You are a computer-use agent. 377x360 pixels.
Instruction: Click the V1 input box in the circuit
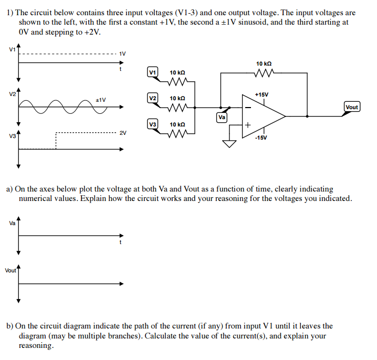153,72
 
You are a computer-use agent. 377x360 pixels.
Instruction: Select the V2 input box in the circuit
153,98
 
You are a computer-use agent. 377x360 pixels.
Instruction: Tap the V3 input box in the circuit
153,124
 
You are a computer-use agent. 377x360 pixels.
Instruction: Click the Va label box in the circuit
222,118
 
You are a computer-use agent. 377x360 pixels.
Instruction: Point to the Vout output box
351,107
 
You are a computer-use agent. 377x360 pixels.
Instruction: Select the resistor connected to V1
177,81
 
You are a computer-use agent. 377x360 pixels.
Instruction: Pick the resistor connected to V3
177,134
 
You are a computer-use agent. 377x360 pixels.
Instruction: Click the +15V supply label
261,94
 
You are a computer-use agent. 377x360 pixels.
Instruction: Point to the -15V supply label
261,138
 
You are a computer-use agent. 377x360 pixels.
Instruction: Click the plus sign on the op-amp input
248,125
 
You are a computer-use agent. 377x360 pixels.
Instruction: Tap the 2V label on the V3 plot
123,133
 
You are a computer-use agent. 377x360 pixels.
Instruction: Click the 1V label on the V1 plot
122,53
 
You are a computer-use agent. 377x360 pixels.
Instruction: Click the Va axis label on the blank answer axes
12,223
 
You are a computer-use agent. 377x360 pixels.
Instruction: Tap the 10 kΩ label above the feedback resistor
264,63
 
